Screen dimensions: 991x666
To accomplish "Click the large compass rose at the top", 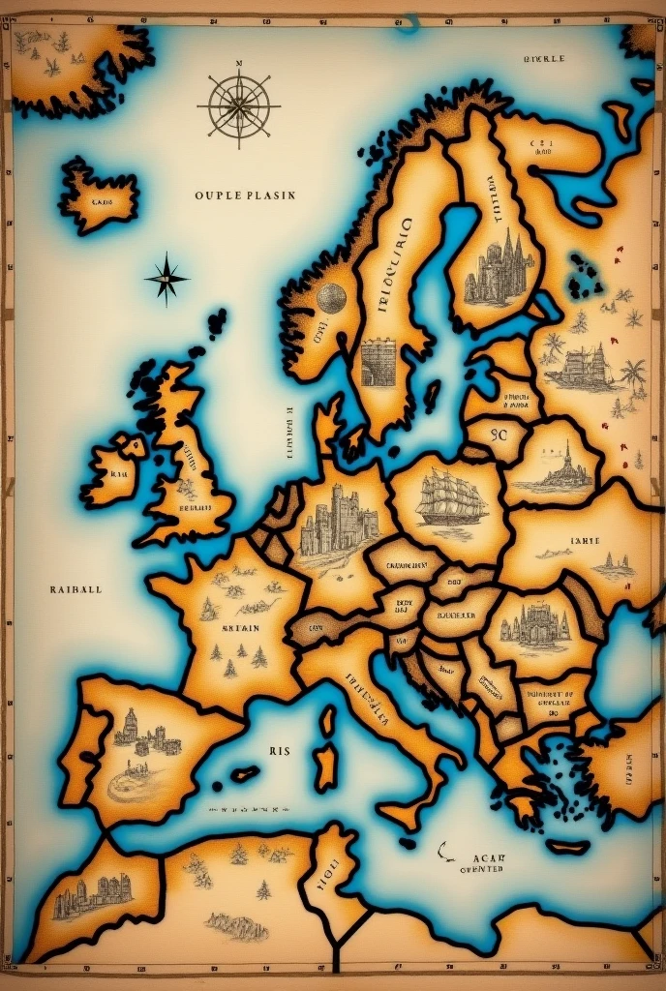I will (238, 105).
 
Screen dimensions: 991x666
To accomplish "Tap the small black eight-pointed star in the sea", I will (166, 279).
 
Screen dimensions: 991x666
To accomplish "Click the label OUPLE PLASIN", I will (245, 195).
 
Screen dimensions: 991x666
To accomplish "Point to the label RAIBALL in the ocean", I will (76, 588).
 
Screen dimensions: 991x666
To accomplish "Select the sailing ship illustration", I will (450, 498).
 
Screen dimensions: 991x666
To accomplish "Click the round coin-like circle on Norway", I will (331, 298).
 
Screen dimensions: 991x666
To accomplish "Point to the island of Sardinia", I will (326, 766).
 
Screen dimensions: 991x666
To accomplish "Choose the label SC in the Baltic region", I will (499, 435).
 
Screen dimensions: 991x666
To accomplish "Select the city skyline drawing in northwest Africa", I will (93, 895).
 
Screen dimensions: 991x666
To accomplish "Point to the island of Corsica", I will (328, 721).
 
